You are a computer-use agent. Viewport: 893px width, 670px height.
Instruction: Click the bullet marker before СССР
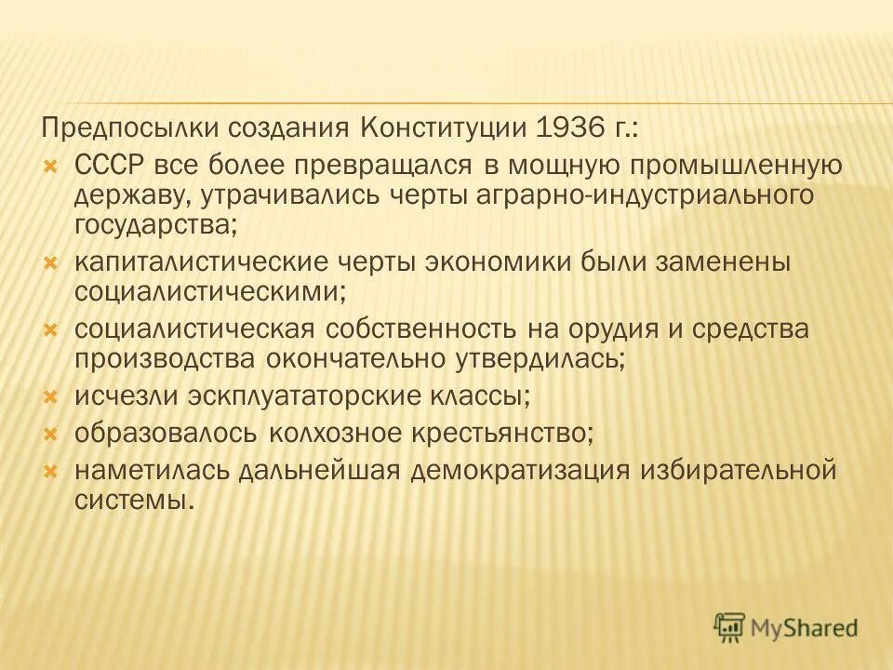[x=51, y=166]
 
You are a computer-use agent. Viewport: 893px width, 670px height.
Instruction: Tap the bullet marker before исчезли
[x=51, y=396]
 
